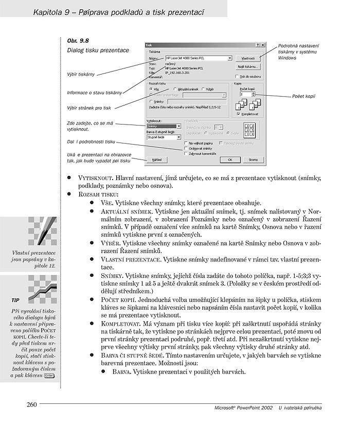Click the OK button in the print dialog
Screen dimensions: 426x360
(x=230, y=159)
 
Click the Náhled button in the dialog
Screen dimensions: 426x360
(x=156, y=159)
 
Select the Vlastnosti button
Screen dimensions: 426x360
(x=248, y=59)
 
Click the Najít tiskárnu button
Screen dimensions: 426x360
(x=248, y=67)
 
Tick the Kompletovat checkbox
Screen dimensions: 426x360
(x=238, y=114)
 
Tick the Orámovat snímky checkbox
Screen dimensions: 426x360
(x=186, y=148)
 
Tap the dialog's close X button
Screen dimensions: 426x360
(x=263, y=45)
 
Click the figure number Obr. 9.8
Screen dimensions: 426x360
(x=78, y=40)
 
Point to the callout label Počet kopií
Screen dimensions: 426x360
(x=302, y=96)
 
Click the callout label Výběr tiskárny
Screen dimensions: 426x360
(x=81, y=75)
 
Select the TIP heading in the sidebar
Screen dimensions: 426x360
(x=16, y=299)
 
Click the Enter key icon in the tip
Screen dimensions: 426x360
(x=50, y=376)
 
